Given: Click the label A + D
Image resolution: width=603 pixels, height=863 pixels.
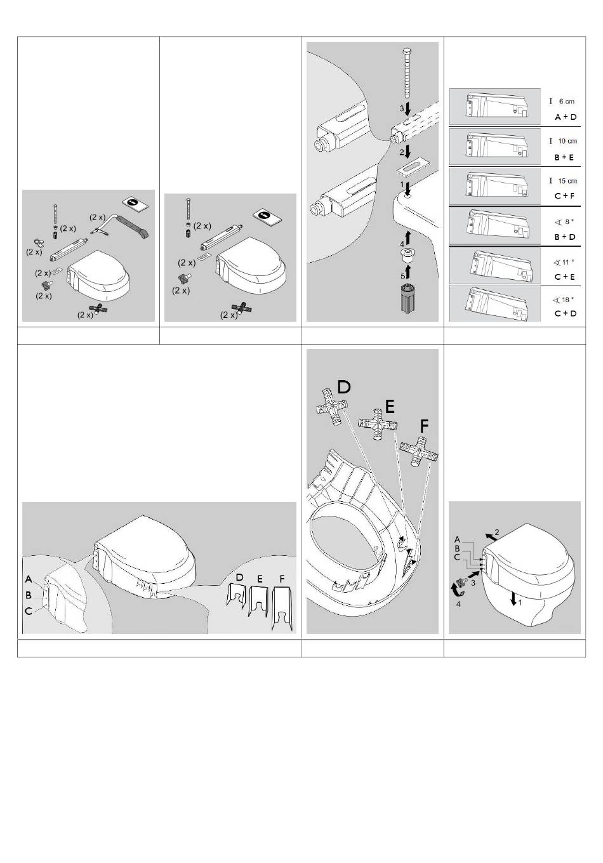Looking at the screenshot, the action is pyautogui.click(x=566, y=117).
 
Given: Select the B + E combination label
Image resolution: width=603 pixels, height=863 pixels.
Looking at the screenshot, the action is pyautogui.click(x=564, y=157).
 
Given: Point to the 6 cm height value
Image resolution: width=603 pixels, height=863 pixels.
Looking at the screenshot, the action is pyautogui.click(x=566, y=101).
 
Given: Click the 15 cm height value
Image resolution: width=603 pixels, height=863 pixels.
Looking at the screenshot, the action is pyautogui.click(x=567, y=181).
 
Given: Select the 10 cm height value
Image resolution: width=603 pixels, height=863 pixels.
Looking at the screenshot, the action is pyautogui.click(x=567, y=141).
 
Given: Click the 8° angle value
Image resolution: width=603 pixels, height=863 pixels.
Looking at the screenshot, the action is pyautogui.click(x=566, y=221).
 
